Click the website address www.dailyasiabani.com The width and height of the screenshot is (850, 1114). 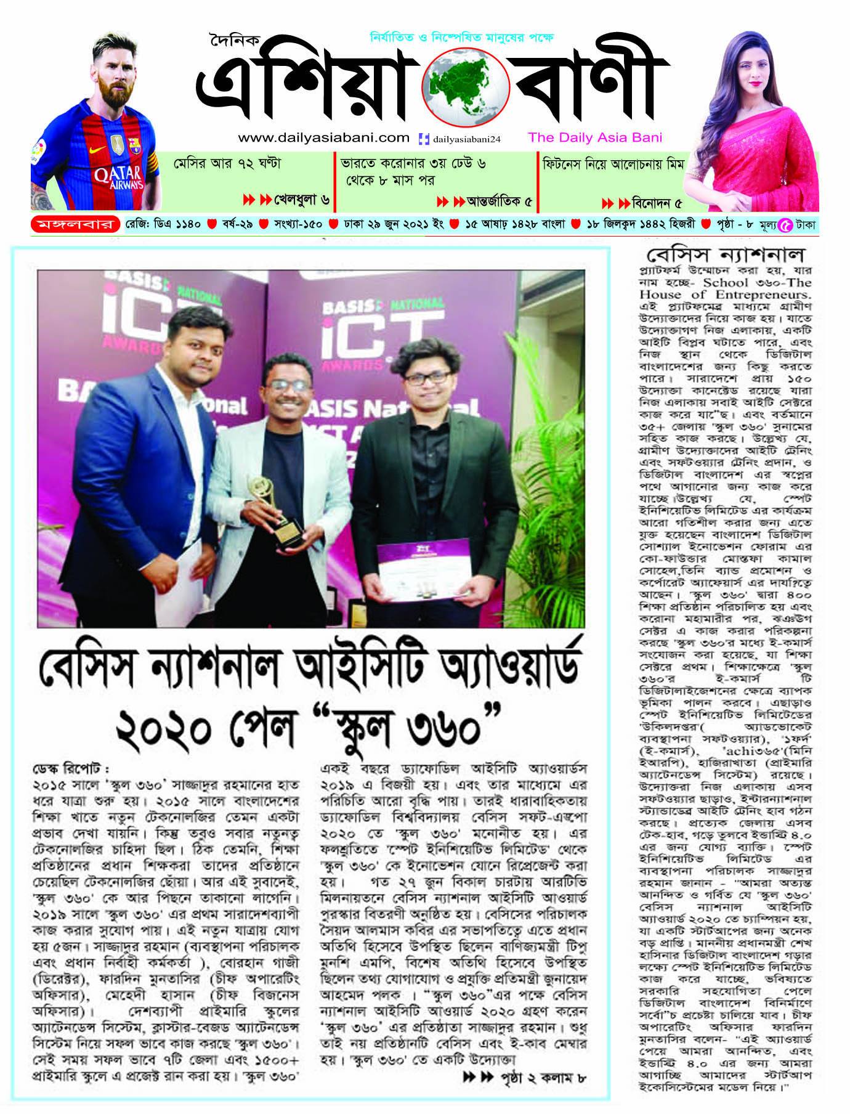(323, 137)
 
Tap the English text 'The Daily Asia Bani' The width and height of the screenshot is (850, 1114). (594, 137)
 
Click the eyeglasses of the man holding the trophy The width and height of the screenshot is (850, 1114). (288, 385)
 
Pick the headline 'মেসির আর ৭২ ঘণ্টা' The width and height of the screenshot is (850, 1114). (227, 164)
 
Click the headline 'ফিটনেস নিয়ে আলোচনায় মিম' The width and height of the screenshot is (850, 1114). (613, 165)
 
